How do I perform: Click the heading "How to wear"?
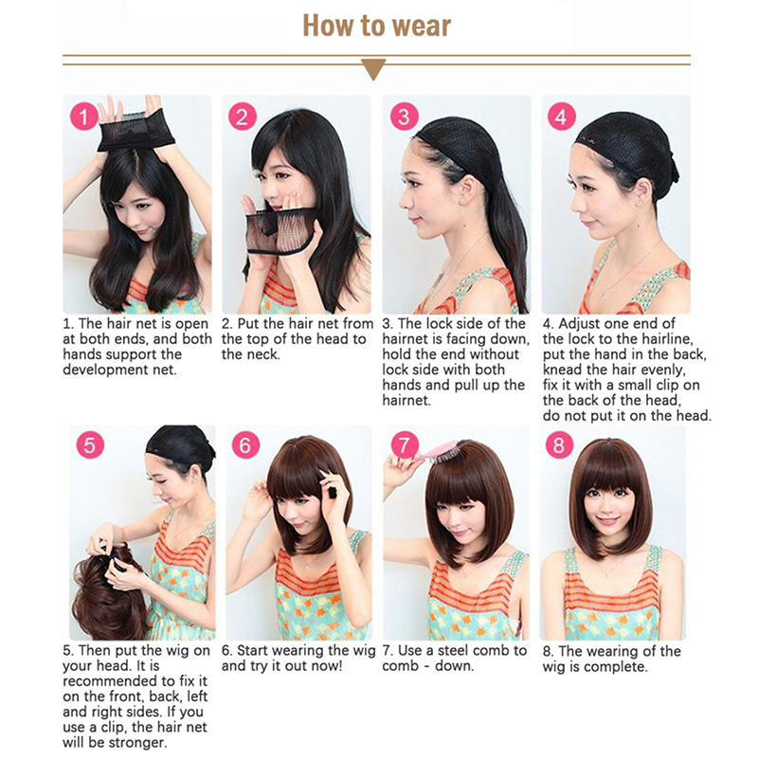pos(376,26)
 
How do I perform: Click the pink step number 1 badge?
pos(84,117)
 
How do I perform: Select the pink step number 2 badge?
pos(243,116)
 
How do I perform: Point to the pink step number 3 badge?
pos(404,116)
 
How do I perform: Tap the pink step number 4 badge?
pos(561,116)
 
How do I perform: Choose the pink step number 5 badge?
pos(90,444)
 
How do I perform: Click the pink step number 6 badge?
pos(245,444)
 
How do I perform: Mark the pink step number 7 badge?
pos(405,444)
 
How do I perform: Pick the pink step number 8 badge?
pos(559,444)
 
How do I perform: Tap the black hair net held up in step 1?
pos(135,131)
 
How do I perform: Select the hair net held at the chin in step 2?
pos(280,230)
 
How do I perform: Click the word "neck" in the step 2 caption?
pos(262,354)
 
